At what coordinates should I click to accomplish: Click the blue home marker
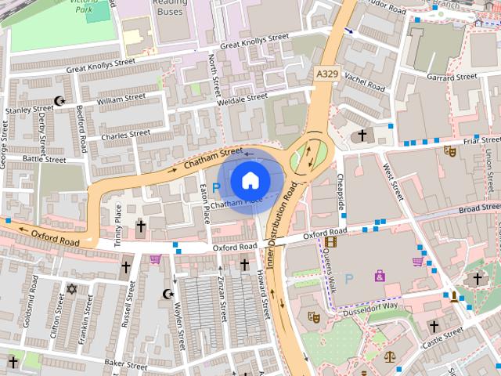point(249,181)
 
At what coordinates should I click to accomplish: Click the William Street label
point(121,99)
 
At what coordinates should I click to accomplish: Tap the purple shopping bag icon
point(380,275)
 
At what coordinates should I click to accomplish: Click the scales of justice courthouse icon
point(390,356)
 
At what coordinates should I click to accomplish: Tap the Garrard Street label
point(452,78)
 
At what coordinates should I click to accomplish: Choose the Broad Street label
point(480,209)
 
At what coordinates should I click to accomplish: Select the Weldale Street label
point(243,99)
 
